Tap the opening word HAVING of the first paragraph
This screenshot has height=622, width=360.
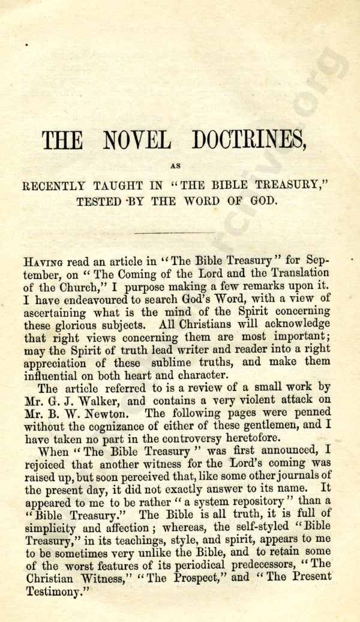click(43, 262)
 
